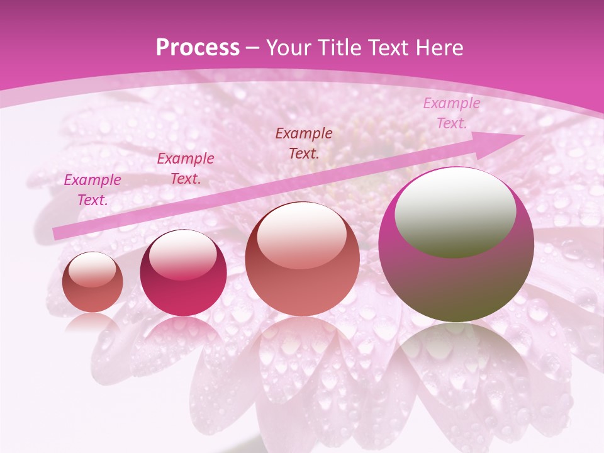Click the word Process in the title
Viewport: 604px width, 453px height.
coord(198,48)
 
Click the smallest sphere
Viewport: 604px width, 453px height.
coord(92,282)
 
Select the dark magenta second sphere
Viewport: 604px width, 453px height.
coord(183,273)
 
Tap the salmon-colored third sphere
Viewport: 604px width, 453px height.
coord(302,259)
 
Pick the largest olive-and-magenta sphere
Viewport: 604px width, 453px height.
coord(456,245)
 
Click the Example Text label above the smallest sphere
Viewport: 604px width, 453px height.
coord(92,189)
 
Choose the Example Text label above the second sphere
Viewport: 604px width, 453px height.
coord(186,168)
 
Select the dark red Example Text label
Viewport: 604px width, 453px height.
coord(304,143)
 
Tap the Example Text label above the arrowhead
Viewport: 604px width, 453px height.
coord(452,113)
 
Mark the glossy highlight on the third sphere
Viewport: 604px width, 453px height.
coord(301,236)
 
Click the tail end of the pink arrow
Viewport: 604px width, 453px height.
coord(59,233)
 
